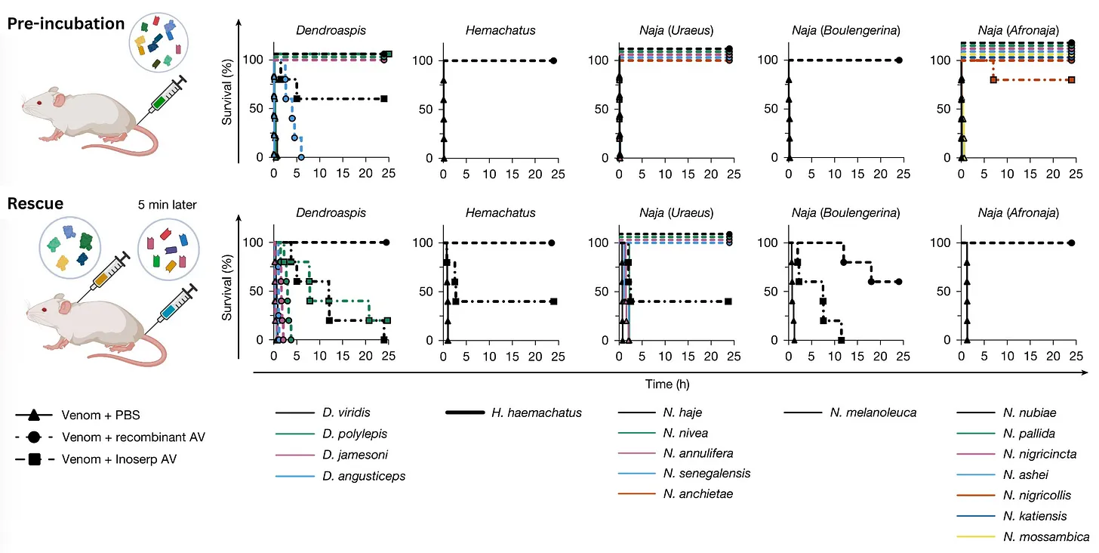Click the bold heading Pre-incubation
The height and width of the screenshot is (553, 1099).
pyautogui.click(x=66, y=23)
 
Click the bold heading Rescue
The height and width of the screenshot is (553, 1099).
pyautogui.click(x=36, y=204)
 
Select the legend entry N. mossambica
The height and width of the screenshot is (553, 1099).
pyautogui.click(x=1046, y=537)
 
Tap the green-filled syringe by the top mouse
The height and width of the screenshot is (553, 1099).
pyautogui.click(x=164, y=96)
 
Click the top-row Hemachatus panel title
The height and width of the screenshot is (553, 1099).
pyautogui.click(x=500, y=31)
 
